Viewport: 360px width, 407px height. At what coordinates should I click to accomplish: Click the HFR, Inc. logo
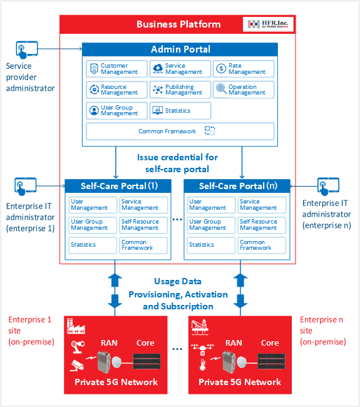pos(268,24)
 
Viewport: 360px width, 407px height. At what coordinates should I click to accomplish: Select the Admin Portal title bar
pos(180,49)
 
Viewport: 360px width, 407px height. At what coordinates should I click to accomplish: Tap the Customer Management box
pos(117,69)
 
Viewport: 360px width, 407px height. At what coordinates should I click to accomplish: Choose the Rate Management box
pos(244,69)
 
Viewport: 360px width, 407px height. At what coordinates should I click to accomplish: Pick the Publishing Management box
pos(180,90)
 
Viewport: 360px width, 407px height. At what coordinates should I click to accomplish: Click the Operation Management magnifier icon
pos(221,89)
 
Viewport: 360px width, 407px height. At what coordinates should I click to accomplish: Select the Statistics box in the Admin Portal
pos(180,111)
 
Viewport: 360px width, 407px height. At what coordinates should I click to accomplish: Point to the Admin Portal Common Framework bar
pos(180,131)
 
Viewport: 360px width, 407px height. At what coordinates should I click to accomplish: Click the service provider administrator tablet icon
pos(27,49)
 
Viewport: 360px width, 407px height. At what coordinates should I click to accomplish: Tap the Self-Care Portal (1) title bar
pos(118,186)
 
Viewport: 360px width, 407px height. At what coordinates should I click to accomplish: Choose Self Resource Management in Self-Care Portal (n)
pos(262,225)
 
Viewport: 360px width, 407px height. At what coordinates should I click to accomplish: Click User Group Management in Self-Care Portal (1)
pos(93,225)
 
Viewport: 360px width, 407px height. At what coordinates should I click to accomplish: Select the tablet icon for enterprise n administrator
pos(328,187)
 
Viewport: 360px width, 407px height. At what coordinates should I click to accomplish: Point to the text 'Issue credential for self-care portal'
pos(178,163)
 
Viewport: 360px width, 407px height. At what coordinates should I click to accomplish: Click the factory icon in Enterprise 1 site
pos(76,326)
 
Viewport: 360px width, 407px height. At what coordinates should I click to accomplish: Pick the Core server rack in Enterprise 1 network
pos(147,361)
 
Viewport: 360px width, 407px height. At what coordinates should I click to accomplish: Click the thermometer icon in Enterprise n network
pos(203,364)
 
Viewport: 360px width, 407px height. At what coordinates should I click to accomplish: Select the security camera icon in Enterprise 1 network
pos(77,365)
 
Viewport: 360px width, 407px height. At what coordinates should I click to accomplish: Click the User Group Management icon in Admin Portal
pos(94,110)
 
